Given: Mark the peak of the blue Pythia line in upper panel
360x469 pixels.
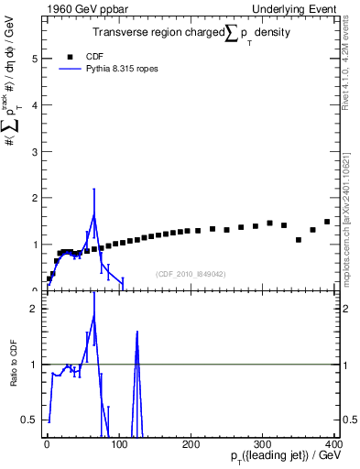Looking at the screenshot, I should click(93, 215).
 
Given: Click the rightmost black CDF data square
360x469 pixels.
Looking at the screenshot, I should click(327, 222).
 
